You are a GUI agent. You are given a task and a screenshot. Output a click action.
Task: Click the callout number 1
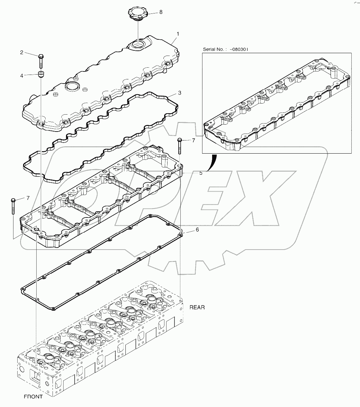[178, 34]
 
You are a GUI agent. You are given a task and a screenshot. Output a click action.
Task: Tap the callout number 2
[21, 52]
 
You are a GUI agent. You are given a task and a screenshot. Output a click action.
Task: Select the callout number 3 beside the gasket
[180, 93]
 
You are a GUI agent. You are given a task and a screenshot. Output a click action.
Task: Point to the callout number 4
[21, 75]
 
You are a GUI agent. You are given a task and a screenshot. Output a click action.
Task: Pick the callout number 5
[201, 173]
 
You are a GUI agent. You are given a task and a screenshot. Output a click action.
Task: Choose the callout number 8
[161, 12]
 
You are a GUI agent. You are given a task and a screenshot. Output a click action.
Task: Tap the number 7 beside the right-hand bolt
[193, 140]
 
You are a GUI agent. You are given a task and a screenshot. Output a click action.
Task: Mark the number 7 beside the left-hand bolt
[28, 198]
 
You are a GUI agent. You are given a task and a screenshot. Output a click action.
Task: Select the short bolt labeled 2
[41, 62]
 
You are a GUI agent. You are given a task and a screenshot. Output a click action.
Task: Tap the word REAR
[197, 307]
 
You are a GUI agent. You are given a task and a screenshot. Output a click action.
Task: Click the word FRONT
[33, 397]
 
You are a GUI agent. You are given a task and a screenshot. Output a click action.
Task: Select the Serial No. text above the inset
[225, 49]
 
